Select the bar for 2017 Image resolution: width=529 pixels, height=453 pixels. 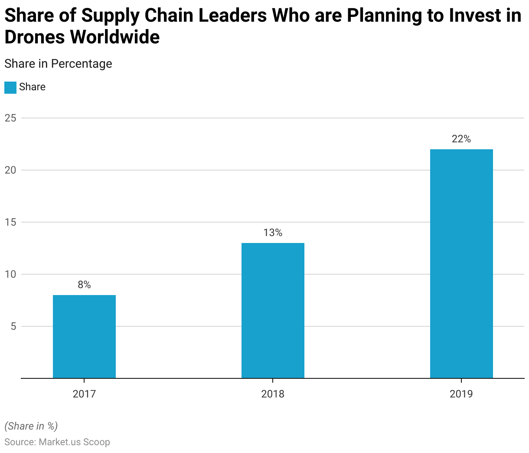click(x=84, y=337)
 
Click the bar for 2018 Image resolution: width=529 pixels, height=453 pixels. click(x=273, y=311)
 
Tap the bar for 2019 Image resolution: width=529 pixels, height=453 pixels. click(x=461, y=264)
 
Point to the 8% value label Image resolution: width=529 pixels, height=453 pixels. click(x=84, y=285)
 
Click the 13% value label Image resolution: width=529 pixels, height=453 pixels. click(x=273, y=233)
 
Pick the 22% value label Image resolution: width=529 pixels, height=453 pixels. click(x=461, y=139)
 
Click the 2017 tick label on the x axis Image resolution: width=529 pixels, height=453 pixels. click(x=84, y=394)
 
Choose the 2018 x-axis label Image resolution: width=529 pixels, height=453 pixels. click(x=273, y=394)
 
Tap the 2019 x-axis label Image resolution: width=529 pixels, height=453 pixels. click(x=461, y=394)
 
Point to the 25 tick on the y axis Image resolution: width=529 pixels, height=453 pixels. click(x=10, y=118)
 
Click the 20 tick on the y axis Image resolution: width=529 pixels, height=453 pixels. click(x=10, y=170)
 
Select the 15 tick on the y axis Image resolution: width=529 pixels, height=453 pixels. click(x=10, y=222)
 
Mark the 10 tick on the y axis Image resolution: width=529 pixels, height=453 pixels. click(x=10, y=274)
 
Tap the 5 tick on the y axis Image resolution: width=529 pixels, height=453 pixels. click(x=13, y=326)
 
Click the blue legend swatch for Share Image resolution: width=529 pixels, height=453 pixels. click(x=10, y=87)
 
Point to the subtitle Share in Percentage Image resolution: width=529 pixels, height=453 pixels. click(x=58, y=64)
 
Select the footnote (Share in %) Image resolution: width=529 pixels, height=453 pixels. click(x=31, y=426)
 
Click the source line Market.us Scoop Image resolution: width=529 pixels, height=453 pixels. click(x=57, y=442)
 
